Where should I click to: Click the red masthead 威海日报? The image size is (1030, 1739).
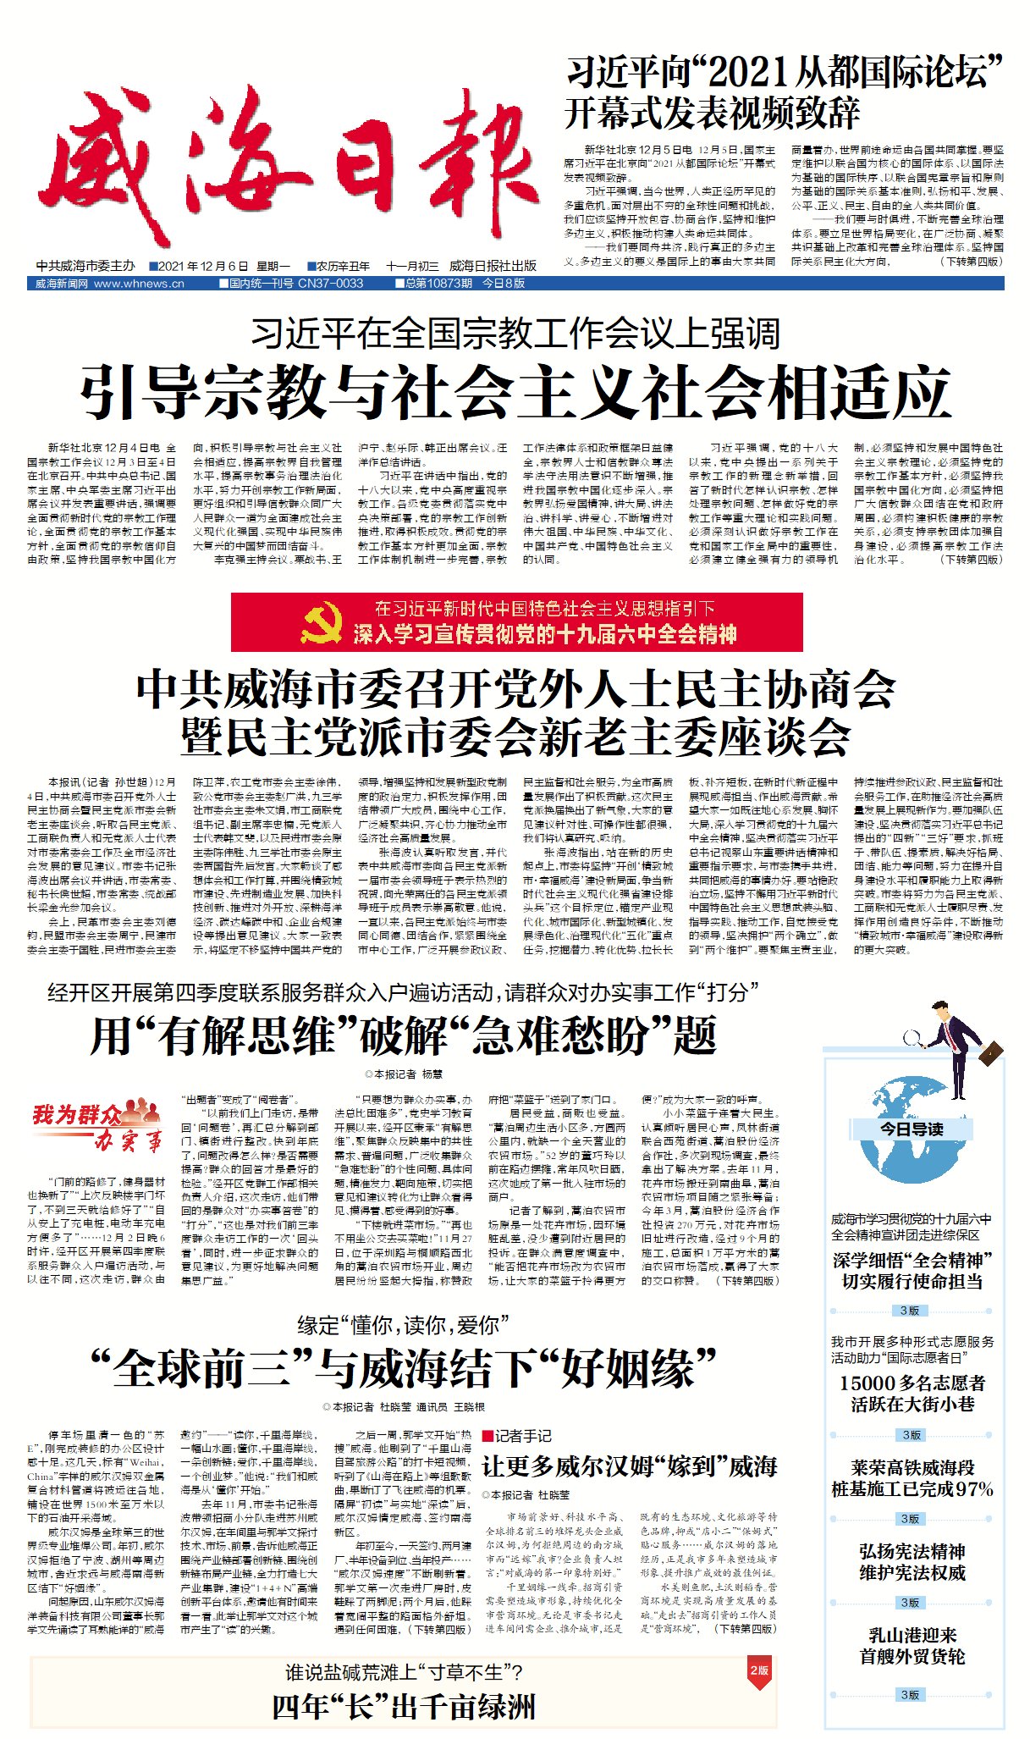pos(288,169)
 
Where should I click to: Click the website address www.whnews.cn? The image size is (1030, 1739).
pos(139,284)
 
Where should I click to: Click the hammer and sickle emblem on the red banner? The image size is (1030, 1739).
pos(322,622)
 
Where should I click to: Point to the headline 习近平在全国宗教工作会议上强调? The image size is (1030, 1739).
pos(515,334)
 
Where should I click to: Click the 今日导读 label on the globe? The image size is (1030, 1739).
pos(912,1129)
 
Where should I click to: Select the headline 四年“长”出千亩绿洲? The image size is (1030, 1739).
pos(404,1706)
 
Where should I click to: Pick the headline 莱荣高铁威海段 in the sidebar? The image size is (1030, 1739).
pos(912,1467)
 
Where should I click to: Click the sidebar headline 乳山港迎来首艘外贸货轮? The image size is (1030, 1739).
pos(912,1645)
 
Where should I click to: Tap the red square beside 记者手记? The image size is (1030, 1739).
pos(487,1436)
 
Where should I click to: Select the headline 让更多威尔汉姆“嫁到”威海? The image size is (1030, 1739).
pos(629,1466)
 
